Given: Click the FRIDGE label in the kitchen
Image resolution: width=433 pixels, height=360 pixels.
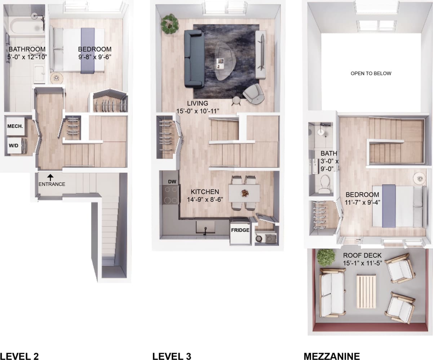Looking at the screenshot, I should [240, 230].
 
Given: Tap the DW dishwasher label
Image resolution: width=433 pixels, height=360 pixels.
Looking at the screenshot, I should [172, 182].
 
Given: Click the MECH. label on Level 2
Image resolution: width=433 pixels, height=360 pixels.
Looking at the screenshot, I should [15, 126].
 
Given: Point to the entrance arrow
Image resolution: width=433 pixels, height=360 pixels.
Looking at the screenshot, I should [50, 177].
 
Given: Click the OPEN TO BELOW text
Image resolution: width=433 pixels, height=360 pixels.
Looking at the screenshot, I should [371, 74].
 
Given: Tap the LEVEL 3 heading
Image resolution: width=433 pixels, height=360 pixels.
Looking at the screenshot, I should [172, 356].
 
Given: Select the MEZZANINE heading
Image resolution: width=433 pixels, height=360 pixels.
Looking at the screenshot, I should [332, 356].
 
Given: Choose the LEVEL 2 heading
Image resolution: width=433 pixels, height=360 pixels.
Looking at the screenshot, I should [19, 356].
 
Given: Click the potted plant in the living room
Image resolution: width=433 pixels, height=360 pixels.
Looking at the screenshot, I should [169, 23].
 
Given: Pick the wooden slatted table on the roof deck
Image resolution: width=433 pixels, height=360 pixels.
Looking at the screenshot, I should [366, 291].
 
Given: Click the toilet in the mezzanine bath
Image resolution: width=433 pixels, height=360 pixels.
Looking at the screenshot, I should [324, 184].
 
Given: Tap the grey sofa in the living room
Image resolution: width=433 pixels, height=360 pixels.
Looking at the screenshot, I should [194, 59].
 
